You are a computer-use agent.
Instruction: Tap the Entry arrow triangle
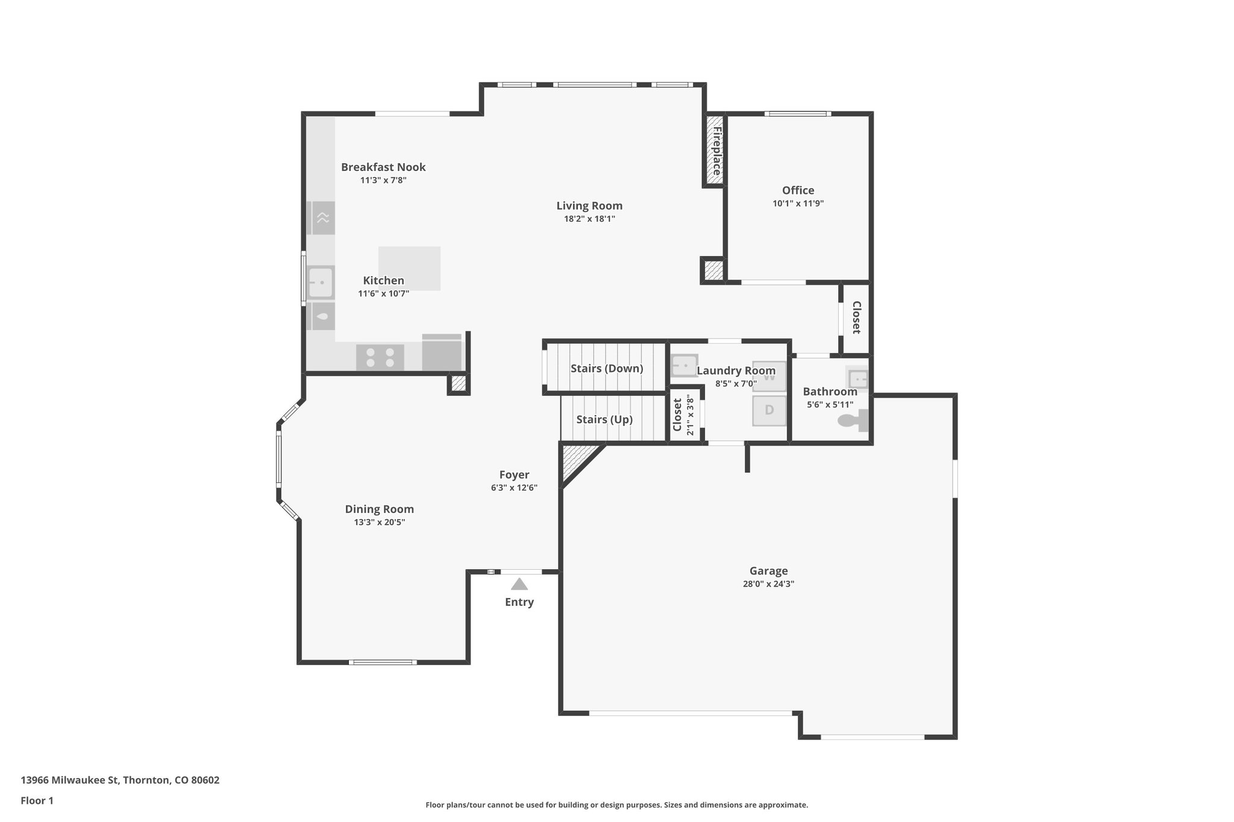(x=519, y=584)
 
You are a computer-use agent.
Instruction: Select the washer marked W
(x=769, y=377)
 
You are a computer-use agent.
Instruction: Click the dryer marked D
(x=769, y=411)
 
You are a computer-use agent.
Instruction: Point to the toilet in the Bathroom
(x=852, y=420)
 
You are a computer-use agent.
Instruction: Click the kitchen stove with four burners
(x=380, y=358)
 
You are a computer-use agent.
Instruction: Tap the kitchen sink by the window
(x=321, y=282)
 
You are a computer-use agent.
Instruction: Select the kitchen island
(x=409, y=268)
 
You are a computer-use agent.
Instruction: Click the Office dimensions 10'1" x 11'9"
(x=798, y=204)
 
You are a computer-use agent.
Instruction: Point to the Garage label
(x=768, y=571)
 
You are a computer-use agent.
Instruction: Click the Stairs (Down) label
(x=606, y=369)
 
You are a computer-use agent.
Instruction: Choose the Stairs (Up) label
(x=604, y=420)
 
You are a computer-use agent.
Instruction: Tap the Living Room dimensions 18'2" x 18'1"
(x=589, y=219)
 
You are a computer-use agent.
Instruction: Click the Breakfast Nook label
(x=383, y=167)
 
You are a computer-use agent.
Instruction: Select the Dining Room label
(x=379, y=509)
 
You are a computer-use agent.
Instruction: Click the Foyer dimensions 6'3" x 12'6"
(x=514, y=488)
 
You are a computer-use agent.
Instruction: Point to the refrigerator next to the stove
(x=442, y=353)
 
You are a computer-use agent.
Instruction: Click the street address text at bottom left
(x=120, y=780)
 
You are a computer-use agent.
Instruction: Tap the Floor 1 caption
(x=37, y=800)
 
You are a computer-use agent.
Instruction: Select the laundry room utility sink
(x=684, y=366)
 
